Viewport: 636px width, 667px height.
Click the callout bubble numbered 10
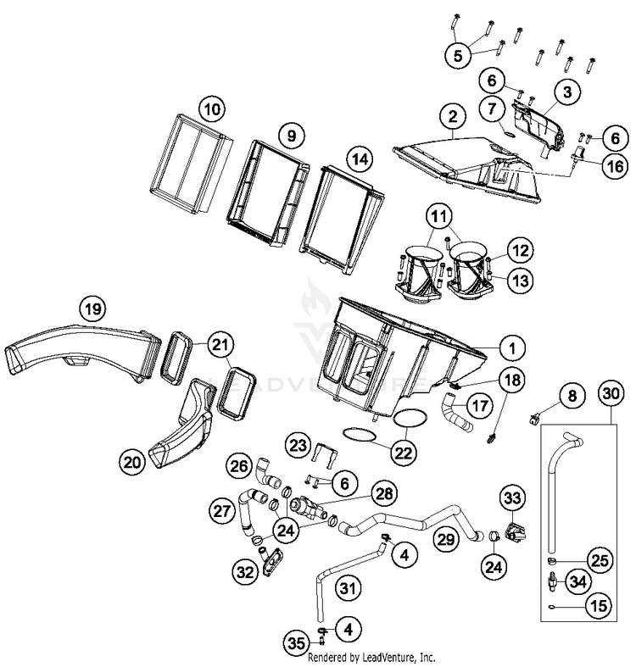(210, 109)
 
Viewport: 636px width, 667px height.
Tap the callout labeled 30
(609, 393)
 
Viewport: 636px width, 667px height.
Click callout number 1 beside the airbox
(511, 347)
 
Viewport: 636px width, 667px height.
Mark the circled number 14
(360, 158)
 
